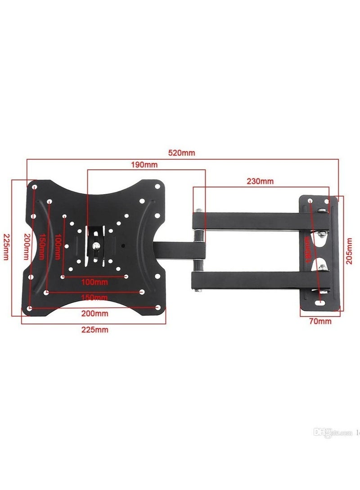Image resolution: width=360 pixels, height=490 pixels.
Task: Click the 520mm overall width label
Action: click(182, 152)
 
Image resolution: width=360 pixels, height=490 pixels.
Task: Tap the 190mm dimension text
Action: click(144, 165)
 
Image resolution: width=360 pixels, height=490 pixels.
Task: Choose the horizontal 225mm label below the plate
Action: click(94, 330)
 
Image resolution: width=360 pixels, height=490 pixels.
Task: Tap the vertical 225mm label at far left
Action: click(6, 249)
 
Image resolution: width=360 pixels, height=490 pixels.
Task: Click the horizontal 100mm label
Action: click(94, 282)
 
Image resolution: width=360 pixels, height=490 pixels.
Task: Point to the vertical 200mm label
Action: click(26, 249)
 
